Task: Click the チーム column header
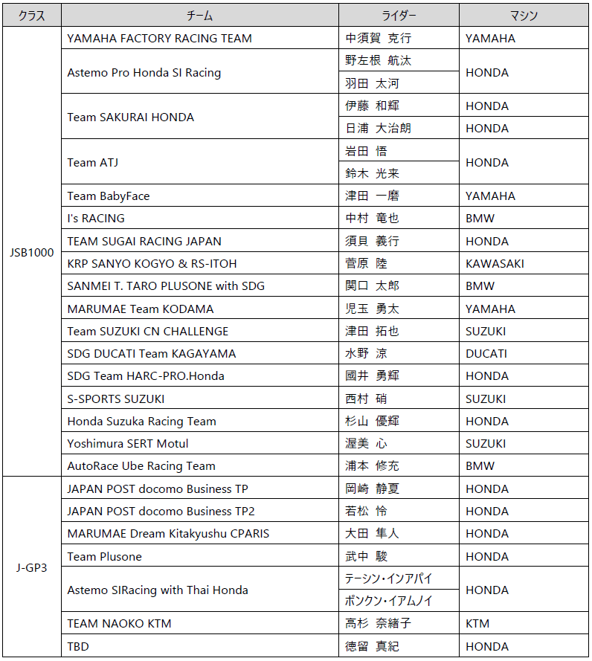coord(199,16)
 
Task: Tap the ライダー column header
coord(399,16)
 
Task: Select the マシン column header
coord(524,16)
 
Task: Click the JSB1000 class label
coord(32,252)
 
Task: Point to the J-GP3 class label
coord(32,567)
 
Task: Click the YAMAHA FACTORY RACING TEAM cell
coord(159,39)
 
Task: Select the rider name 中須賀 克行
coord(378,39)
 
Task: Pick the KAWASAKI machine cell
coord(495,263)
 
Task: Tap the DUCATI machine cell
coord(486,353)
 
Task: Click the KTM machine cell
coord(477,623)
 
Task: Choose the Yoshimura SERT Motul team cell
coord(128,443)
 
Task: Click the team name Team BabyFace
coord(109,196)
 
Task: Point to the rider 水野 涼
coord(366,353)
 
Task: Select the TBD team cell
coord(78,646)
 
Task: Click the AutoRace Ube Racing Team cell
coord(141,466)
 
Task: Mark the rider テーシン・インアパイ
coord(388,578)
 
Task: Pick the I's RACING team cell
coord(96,219)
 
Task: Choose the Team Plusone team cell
coord(104,556)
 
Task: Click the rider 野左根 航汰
coord(378,61)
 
